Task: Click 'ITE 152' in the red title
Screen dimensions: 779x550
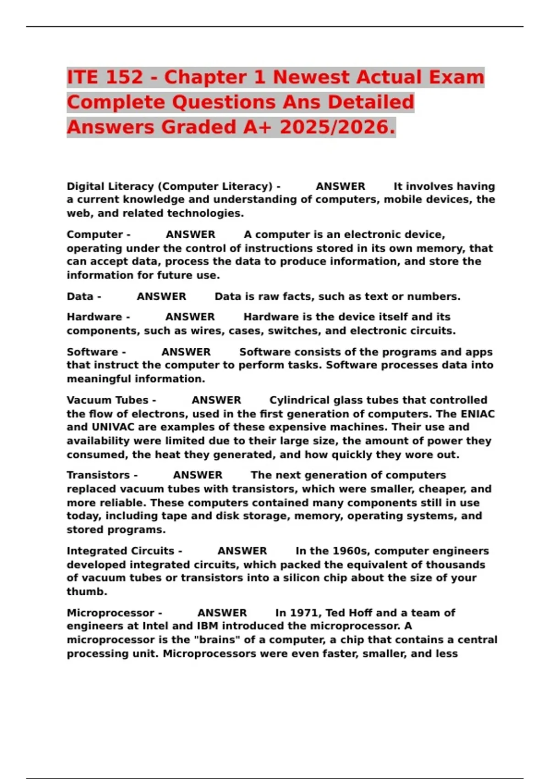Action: click(105, 77)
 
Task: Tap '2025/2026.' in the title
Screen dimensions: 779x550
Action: click(337, 127)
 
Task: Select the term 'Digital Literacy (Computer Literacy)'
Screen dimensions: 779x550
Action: click(170, 187)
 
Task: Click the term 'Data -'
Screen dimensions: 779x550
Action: click(84, 296)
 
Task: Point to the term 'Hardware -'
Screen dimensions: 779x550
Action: click(98, 317)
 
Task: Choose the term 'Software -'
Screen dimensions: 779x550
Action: click(96, 352)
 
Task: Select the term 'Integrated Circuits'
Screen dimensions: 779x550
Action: click(121, 551)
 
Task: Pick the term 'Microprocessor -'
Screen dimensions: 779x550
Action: click(114, 613)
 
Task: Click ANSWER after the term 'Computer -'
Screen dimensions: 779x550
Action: click(190, 235)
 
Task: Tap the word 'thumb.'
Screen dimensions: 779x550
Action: click(87, 592)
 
